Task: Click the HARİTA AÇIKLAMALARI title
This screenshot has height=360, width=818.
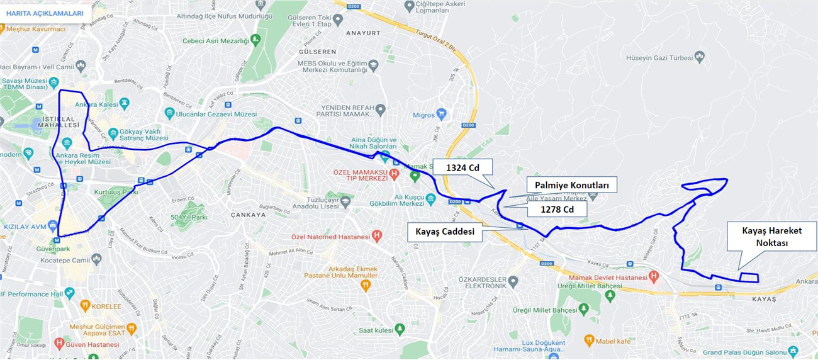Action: click(x=45, y=13)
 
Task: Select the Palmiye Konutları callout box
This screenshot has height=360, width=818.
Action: click(x=571, y=185)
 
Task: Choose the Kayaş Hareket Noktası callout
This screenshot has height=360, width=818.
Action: click(x=771, y=237)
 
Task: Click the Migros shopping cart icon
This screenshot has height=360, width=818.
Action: click(x=442, y=115)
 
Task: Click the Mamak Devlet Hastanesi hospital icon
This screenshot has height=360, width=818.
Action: click(x=654, y=276)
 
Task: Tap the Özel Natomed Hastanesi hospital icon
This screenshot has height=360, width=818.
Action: click(x=377, y=236)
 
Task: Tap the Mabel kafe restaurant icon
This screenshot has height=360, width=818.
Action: click(x=589, y=340)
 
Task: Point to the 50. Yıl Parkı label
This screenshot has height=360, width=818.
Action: click(x=189, y=217)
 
